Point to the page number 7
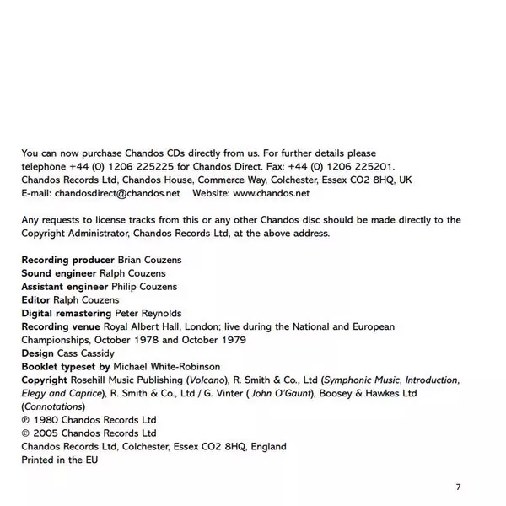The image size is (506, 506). pos(458,487)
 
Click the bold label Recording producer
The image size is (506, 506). pos(67,260)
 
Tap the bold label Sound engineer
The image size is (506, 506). pos(57,273)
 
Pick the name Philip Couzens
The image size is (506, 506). pos(148,287)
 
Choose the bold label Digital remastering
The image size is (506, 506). pos(66,313)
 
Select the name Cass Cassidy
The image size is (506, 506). pos(84,353)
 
